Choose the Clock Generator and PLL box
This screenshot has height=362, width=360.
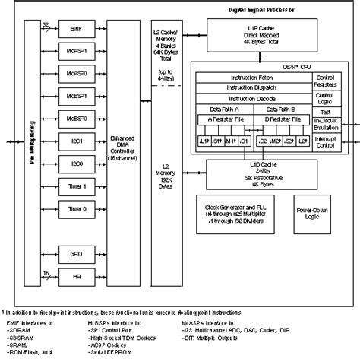(x=239, y=209)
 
